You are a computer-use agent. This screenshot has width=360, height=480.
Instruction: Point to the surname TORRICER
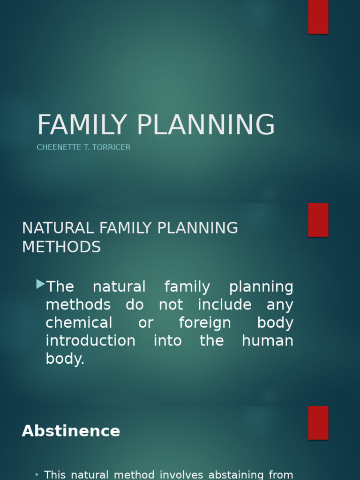coord(111,147)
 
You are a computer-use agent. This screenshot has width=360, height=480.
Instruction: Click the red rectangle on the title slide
coord(318,16)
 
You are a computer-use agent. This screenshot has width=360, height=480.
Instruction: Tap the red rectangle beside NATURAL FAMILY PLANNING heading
coord(318,220)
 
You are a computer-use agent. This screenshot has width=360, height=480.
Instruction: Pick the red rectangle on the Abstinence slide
coord(318,422)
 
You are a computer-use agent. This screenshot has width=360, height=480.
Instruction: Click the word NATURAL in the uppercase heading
coord(58,228)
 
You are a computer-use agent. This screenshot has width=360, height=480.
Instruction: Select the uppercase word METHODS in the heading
coord(61,247)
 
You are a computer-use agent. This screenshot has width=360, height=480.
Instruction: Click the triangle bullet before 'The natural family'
coord(40,284)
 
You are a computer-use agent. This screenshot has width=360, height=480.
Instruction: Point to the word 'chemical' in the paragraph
coord(79,323)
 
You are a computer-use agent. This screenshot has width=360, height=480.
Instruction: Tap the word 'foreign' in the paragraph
coord(205,323)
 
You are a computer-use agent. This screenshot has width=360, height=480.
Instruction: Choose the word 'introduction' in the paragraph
coord(90,341)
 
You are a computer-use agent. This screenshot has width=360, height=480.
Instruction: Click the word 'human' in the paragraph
coord(268,341)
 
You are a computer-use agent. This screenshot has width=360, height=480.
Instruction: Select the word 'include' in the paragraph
coord(225,305)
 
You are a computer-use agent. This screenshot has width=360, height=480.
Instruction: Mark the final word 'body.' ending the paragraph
coord(65,359)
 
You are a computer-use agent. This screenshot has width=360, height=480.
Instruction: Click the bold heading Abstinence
coord(71,431)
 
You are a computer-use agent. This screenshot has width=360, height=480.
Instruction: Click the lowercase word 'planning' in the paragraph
coord(261,287)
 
